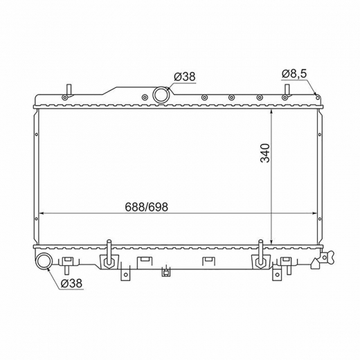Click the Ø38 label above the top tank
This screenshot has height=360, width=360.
point(185,76)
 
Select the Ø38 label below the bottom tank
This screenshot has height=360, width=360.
point(71,283)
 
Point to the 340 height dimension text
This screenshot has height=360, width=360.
point(265,153)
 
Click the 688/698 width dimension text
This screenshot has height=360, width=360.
point(146,207)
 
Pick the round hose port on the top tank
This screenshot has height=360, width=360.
point(161,95)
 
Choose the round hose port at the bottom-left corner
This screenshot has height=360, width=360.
point(44,262)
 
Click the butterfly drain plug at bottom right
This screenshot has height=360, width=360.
point(325,257)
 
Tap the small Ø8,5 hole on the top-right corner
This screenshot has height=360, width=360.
point(318,98)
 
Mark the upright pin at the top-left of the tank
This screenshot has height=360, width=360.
point(69,91)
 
